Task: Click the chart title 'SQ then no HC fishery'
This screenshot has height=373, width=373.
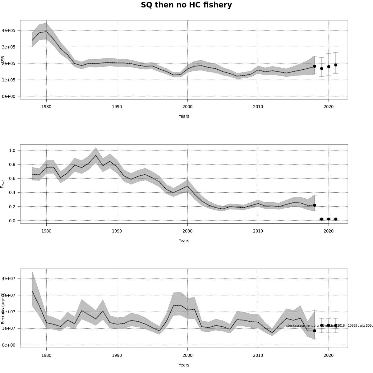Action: click(x=186, y=5)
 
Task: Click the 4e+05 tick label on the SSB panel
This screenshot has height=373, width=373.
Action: click(x=9, y=30)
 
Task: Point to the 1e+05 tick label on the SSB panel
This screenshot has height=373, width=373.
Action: click(x=9, y=80)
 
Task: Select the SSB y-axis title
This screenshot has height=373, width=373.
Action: click(x=3, y=60)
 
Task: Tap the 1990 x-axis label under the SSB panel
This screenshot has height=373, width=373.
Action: click(x=117, y=107)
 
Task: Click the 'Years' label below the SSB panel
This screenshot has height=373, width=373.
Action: click(x=184, y=117)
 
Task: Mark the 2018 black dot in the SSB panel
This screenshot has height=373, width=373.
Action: click(x=315, y=66)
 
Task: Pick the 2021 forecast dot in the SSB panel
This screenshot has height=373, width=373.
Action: click(x=336, y=65)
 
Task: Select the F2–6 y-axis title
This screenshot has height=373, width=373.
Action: click(x=3, y=184)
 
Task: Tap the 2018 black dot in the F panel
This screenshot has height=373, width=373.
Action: click(x=315, y=205)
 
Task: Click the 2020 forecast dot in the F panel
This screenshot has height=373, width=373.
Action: click(x=329, y=219)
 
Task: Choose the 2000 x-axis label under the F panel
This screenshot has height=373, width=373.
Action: click(x=187, y=231)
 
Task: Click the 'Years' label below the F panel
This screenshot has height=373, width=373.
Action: click(x=184, y=241)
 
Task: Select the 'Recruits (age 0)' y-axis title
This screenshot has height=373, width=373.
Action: click(x=3, y=308)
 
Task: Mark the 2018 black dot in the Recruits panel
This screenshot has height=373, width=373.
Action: click(x=315, y=331)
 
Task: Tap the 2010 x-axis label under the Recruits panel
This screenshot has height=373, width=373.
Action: click(x=258, y=355)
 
